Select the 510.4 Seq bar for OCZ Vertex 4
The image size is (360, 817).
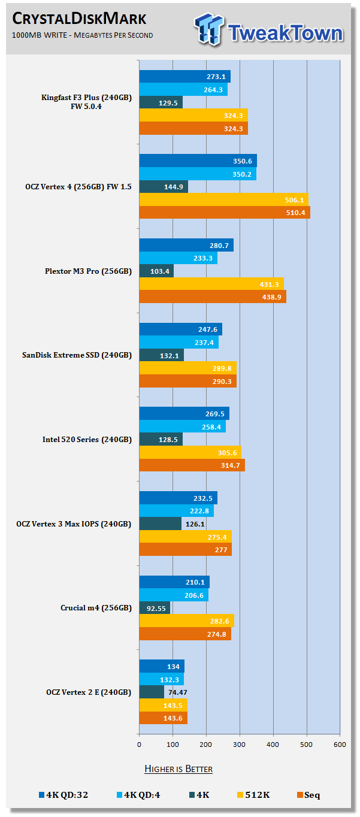click(225, 213)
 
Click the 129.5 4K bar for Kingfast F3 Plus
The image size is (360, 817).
click(161, 103)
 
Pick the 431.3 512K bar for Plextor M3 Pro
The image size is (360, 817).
click(211, 283)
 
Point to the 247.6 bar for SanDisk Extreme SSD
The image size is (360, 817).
click(180, 329)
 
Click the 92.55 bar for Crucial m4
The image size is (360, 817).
click(155, 608)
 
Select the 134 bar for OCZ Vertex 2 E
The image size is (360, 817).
click(162, 666)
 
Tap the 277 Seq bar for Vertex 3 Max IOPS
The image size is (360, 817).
click(185, 549)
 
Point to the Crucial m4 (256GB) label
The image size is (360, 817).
click(96, 607)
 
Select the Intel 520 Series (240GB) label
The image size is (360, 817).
click(87, 439)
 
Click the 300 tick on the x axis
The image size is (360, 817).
click(240, 745)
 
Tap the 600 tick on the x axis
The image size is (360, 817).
click(340, 745)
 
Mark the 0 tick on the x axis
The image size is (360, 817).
click(139, 745)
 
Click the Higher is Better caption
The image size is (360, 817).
click(179, 768)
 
